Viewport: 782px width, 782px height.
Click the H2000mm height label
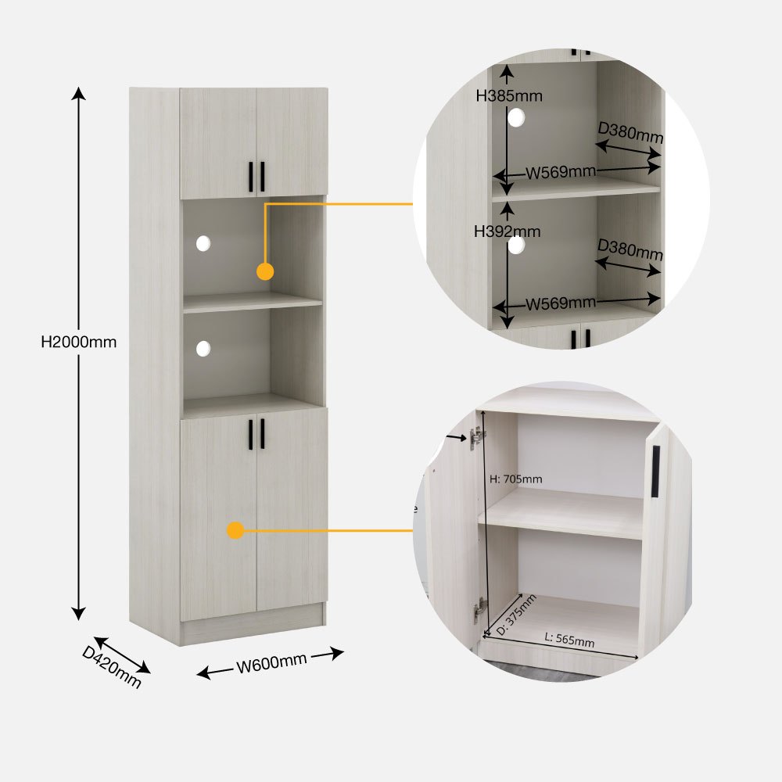pyautogui.click(x=79, y=342)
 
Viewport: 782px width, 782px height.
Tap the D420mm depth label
pyautogui.click(x=112, y=667)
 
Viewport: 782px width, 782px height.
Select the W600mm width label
pyautogui.click(x=271, y=663)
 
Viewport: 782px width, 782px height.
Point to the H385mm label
pyautogui.click(x=509, y=95)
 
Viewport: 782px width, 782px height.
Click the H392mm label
pyautogui.click(x=508, y=231)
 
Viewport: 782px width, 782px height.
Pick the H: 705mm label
pyautogui.click(x=515, y=479)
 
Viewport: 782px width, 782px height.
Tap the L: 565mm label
pyautogui.click(x=569, y=640)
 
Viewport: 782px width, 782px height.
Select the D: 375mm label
pyautogui.click(x=516, y=615)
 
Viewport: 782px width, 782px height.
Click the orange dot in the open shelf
pyautogui.click(x=265, y=272)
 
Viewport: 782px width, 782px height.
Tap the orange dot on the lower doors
pyautogui.click(x=235, y=530)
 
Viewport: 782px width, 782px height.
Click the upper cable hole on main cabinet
pyautogui.click(x=203, y=243)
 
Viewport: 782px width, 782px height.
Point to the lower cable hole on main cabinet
pyautogui.click(x=203, y=349)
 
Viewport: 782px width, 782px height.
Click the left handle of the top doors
pyautogui.click(x=251, y=177)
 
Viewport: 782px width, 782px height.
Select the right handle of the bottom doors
pyautogui.click(x=262, y=434)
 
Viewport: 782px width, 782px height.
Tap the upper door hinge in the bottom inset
pyautogui.click(x=477, y=437)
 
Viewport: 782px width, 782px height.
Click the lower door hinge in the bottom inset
pyautogui.click(x=480, y=609)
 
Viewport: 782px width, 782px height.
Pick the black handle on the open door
pyautogui.click(x=655, y=472)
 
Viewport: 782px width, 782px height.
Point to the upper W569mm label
pyautogui.click(x=561, y=173)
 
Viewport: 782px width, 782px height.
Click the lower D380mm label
pyautogui.click(x=630, y=249)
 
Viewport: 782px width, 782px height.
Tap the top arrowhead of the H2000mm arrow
pyautogui.click(x=78, y=93)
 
